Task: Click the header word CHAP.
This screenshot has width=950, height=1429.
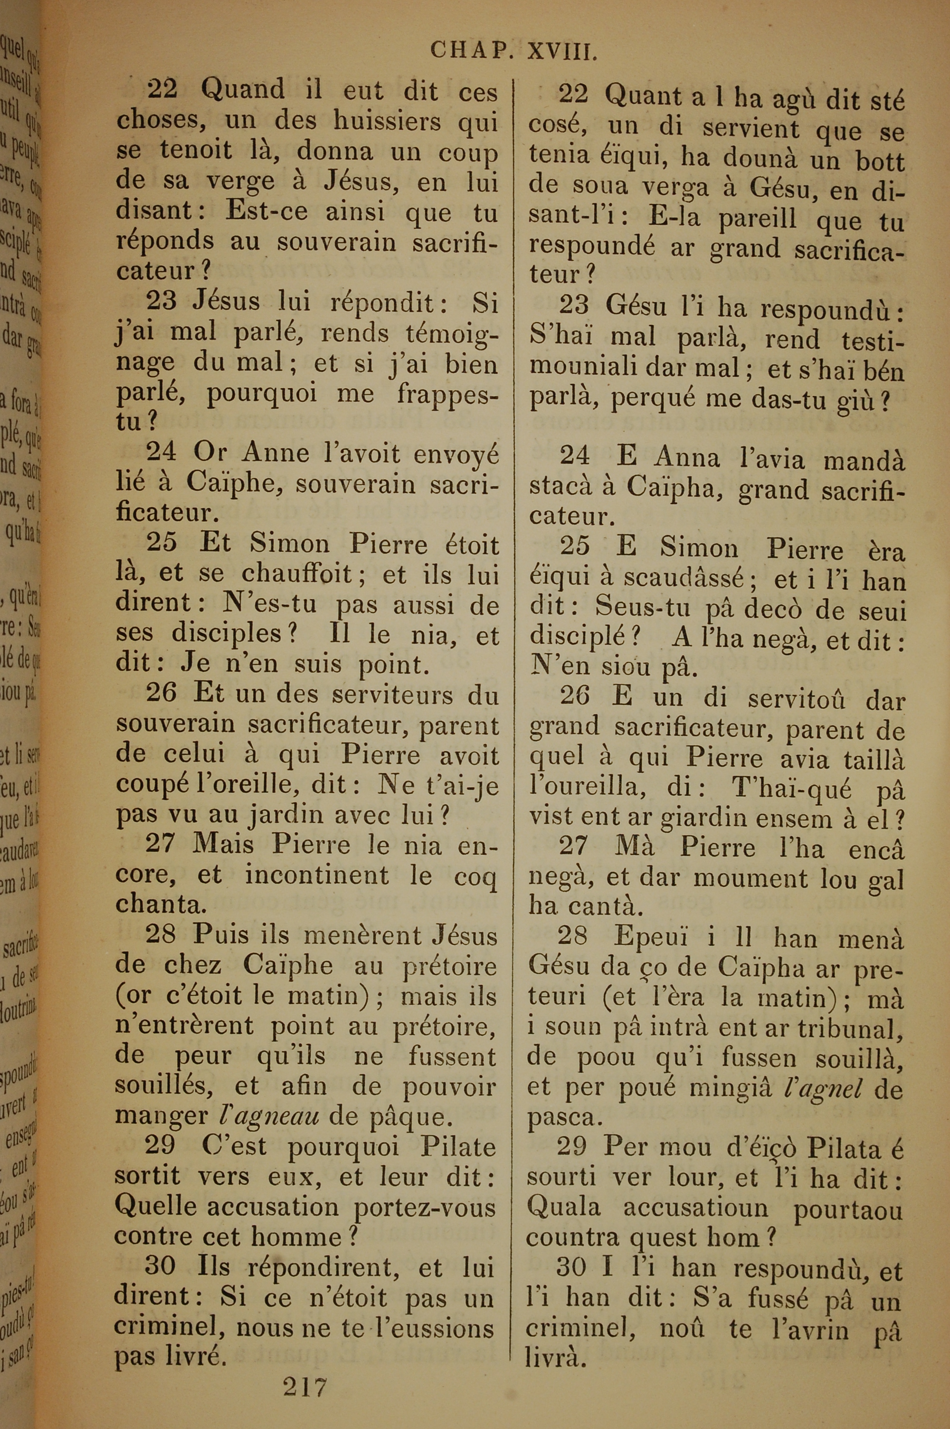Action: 469,51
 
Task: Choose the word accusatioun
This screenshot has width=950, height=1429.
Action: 695,1209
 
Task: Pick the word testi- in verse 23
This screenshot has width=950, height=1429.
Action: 873,339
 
